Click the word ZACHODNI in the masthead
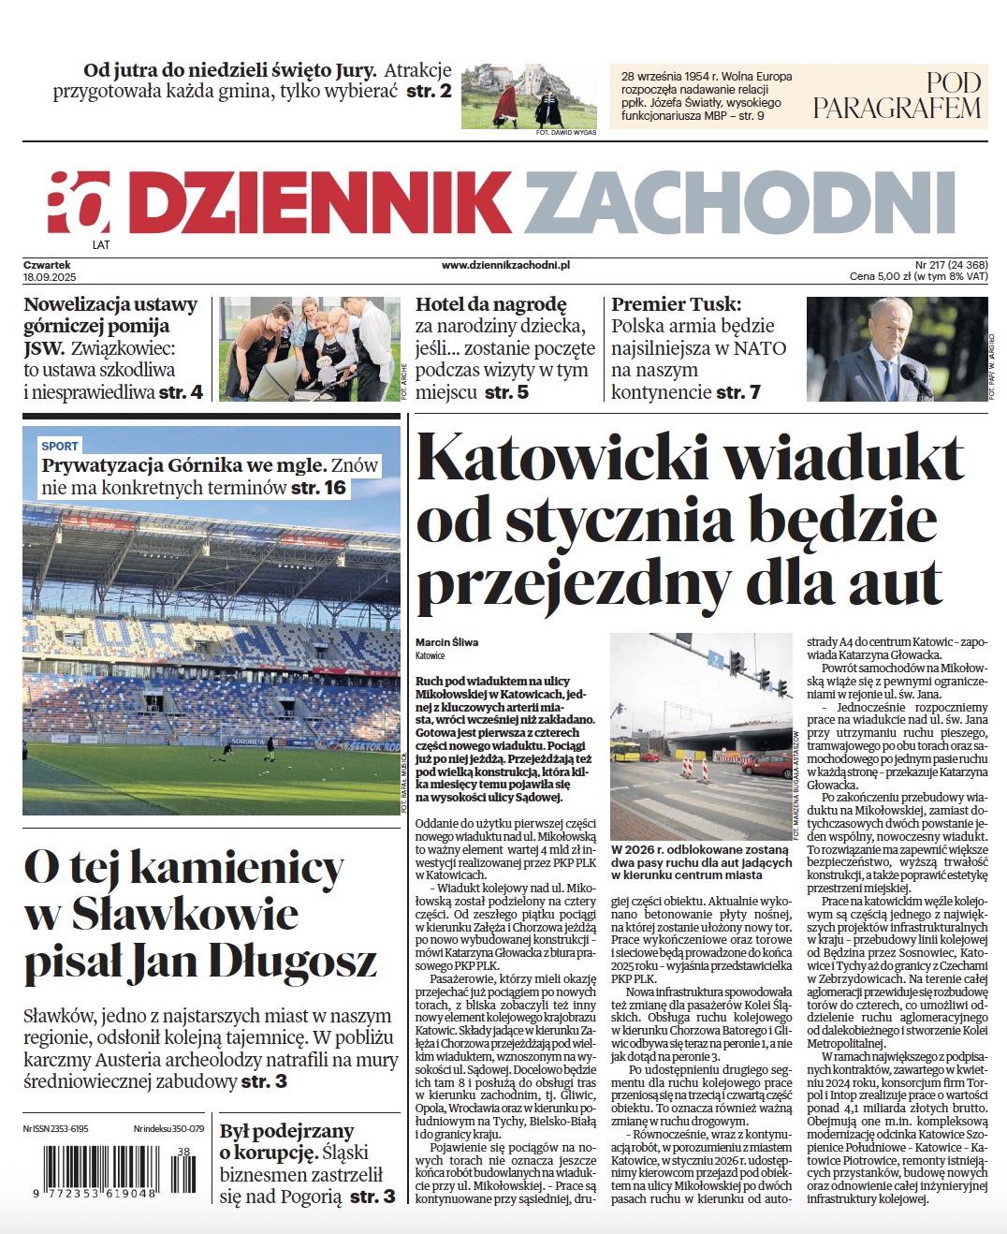coord(739,203)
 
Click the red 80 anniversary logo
coord(79,203)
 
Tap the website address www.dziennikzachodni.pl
coord(505,266)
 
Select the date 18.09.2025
coord(50,278)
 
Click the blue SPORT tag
coord(60,447)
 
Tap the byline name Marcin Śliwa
coord(446,642)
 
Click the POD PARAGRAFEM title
coord(896,96)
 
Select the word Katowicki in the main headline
coord(562,459)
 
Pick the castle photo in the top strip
coord(528,95)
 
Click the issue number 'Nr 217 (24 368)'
coord(951,265)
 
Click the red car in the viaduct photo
coord(767,767)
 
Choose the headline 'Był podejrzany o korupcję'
coord(286,1141)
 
